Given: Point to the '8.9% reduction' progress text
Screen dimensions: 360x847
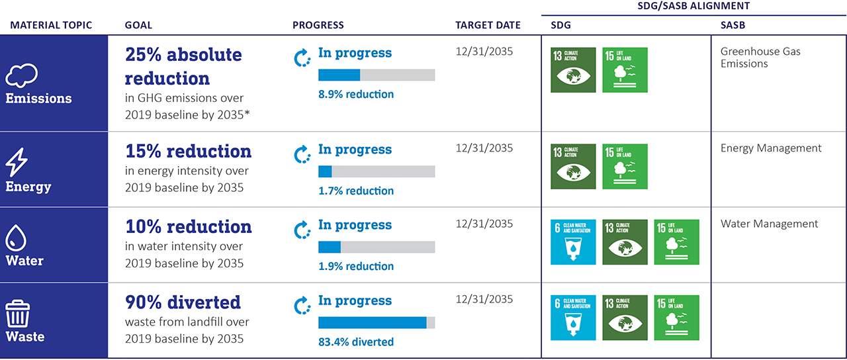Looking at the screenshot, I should tap(356, 94).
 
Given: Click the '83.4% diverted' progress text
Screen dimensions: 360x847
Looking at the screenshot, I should tap(356, 342).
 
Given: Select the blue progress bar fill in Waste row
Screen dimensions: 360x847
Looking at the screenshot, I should tap(372, 322).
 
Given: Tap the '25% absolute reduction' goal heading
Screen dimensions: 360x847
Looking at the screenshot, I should tap(183, 66).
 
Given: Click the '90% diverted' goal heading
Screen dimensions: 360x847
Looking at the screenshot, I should tap(183, 302).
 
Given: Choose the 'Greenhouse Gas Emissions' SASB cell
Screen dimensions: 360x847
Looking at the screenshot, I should tap(760, 58).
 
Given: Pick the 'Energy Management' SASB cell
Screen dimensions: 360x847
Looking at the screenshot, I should tap(771, 148).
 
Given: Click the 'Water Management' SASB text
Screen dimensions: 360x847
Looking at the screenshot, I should tap(769, 224).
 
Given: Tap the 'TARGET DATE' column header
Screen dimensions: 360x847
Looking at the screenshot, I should tap(488, 25).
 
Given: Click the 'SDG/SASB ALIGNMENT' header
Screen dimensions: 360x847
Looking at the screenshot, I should tap(693, 5).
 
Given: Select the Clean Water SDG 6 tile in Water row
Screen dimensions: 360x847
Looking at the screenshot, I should tap(573, 242).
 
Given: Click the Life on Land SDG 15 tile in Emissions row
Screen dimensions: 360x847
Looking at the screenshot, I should tap(625, 69).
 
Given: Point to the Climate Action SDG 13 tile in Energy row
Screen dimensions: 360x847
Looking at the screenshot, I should tap(573, 167).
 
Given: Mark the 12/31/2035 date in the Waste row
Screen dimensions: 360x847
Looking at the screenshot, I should tap(484, 299).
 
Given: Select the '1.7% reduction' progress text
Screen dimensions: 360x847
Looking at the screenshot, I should tap(356, 191).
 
